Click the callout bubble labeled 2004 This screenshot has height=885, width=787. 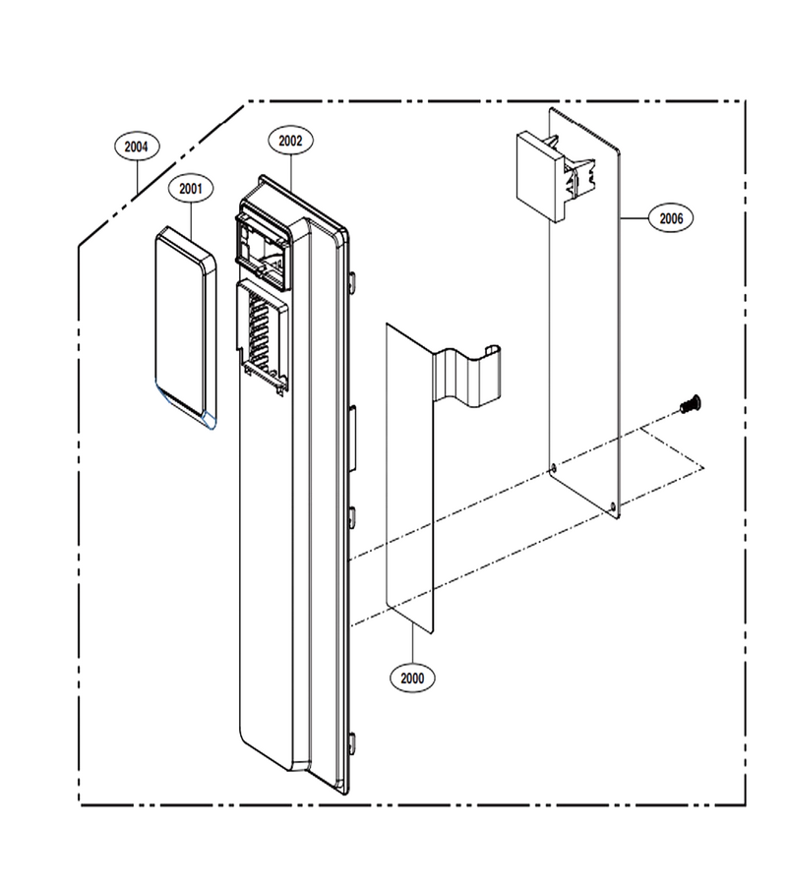point(136,147)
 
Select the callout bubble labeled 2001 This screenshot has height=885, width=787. point(191,189)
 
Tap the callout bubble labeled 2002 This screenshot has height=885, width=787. point(291,141)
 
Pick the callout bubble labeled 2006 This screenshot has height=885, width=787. point(671,218)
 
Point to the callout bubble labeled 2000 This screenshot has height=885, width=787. point(412,678)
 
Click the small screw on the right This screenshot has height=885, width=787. point(691,403)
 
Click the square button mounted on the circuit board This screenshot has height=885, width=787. point(540,177)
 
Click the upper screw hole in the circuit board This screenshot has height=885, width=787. point(553,467)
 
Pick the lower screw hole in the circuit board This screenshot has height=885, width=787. point(614,506)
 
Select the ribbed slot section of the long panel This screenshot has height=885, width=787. point(263,336)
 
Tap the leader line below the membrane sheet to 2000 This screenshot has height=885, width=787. point(413,643)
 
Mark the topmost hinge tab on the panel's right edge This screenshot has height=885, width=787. point(352,283)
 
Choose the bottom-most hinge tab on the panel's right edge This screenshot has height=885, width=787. point(352,744)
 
